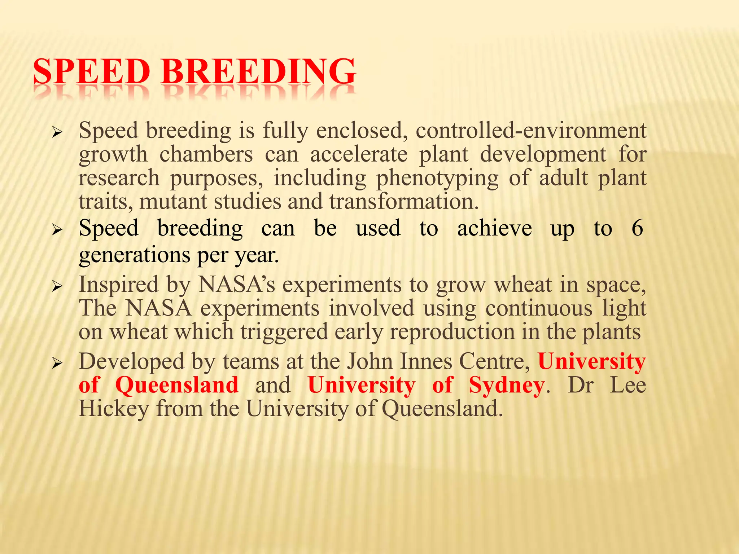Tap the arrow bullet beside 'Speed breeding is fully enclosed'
pos(57,133)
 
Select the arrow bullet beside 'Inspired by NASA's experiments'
pos(57,287)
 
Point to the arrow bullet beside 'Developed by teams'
pos(57,364)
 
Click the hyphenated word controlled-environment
pos(531,131)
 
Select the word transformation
pos(404,201)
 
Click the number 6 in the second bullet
pos(637,228)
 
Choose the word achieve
pos(494,228)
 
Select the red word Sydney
pos(507,385)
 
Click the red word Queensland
pos(177,385)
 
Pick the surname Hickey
pos(114,409)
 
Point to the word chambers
pos(206,155)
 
